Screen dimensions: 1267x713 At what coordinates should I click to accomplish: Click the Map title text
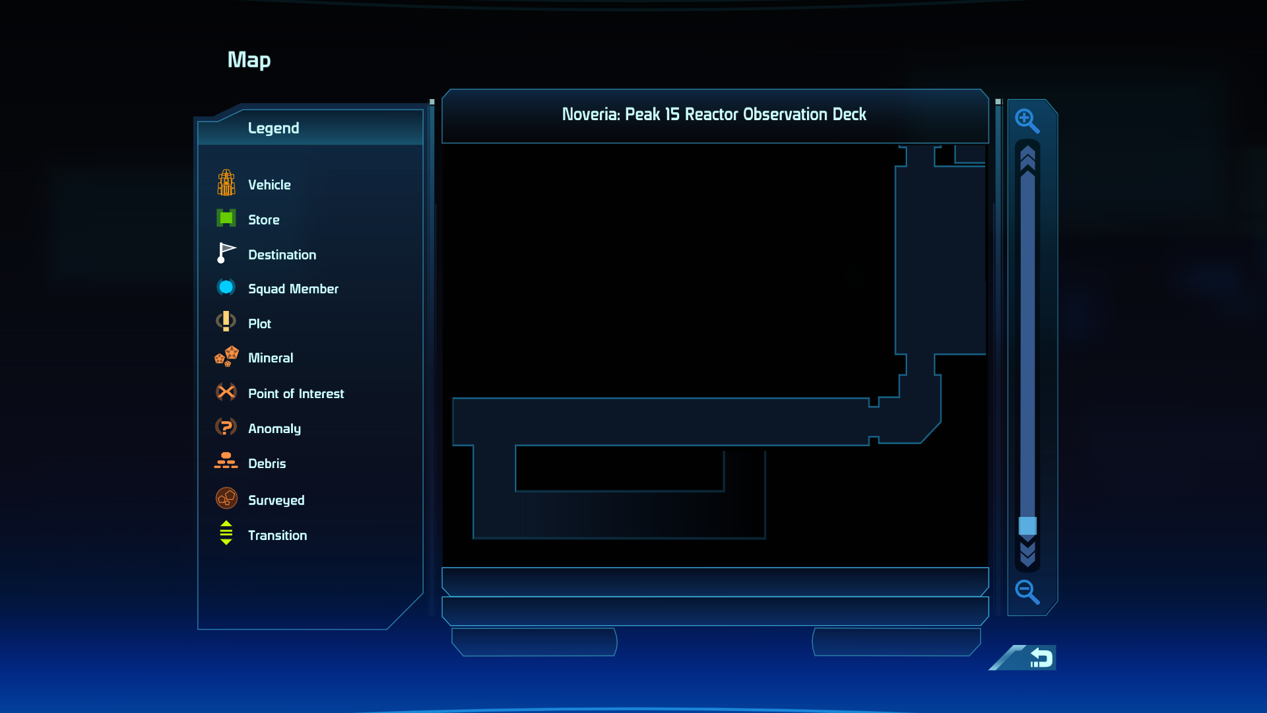pyautogui.click(x=249, y=60)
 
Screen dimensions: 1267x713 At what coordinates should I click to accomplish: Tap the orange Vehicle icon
pyautogui.click(x=226, y=183)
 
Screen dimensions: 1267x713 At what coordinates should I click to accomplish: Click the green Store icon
pyautogui.click(x=226, y=218)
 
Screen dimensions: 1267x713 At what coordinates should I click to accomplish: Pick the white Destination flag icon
pyautogui.click(x=226, y=253)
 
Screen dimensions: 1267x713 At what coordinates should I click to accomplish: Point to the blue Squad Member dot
pyautogui.click(x=226, y=287)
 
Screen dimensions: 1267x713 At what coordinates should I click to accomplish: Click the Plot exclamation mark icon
pyautogui.click(x=226, y=322)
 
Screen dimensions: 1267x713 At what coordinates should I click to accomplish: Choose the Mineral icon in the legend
pyautogui.click(x=226, y=356)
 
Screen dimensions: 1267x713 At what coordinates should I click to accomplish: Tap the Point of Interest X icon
pyautogui.click(x=226, y=392)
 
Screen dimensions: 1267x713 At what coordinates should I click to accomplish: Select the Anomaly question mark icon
pyautogui.click(x=226, y=427)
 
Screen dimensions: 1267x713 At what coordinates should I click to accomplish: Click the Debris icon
pyautogui.click(x=226, y=461)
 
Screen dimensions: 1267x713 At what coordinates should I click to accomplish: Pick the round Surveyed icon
pyautogui.click(x=226, y=498)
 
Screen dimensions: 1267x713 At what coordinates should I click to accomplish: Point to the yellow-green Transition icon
pyautogui.click(x=226, y=533)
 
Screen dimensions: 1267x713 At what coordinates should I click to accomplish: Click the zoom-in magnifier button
pyautogui.click(x=1027, y=121)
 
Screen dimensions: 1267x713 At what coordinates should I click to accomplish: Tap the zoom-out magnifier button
pyautogui.click(x=1027, y=592)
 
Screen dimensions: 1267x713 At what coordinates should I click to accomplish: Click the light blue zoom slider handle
pyautogui.click(x=1027, y=526)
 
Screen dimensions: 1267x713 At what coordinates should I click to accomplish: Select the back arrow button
pyautogui.click(x=1041, y=658)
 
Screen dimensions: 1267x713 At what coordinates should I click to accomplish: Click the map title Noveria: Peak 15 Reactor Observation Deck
pyautogui.click(x=714, y=114)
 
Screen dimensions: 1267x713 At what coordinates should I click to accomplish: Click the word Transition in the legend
pyautogui.click(x=277, y=535)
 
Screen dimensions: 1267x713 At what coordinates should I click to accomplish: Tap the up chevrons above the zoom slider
pyautogui.click(x=1027, y=160)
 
